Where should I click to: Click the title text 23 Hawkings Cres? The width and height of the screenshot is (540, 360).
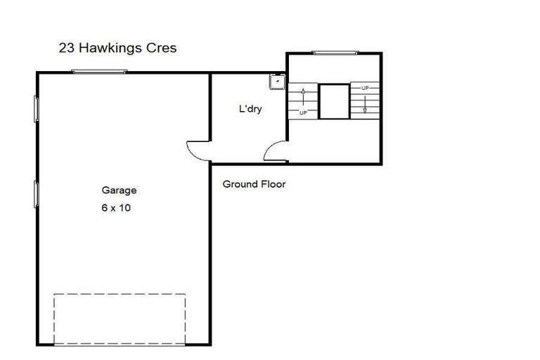pyautogui.click(x=117, y=49)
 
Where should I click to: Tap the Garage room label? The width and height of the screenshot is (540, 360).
pyautogui.click(x=119, y=190)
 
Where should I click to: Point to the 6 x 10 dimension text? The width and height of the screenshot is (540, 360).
pyautogui.click(x=117, y=208)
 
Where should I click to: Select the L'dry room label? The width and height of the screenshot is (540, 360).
pyautogui.click(x=250, y=109)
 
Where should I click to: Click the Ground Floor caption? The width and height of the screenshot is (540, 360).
pyautogui.click(x=254, y=184)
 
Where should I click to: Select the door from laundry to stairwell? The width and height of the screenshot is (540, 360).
pyautogui.click(x=275, y=152)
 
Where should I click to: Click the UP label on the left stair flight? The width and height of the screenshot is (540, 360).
pyautogui.click(x=303, y=112)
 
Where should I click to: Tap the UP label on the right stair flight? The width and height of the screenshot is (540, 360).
pyautogui.click(x=365, y=88)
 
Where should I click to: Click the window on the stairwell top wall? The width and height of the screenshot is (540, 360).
pyautogui.click(x=334, y=52)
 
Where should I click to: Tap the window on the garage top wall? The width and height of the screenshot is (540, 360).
pyautogui.click(x=99, y=71)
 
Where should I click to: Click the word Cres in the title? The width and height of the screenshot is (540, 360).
pyautogui.click(x=162, y=49)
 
